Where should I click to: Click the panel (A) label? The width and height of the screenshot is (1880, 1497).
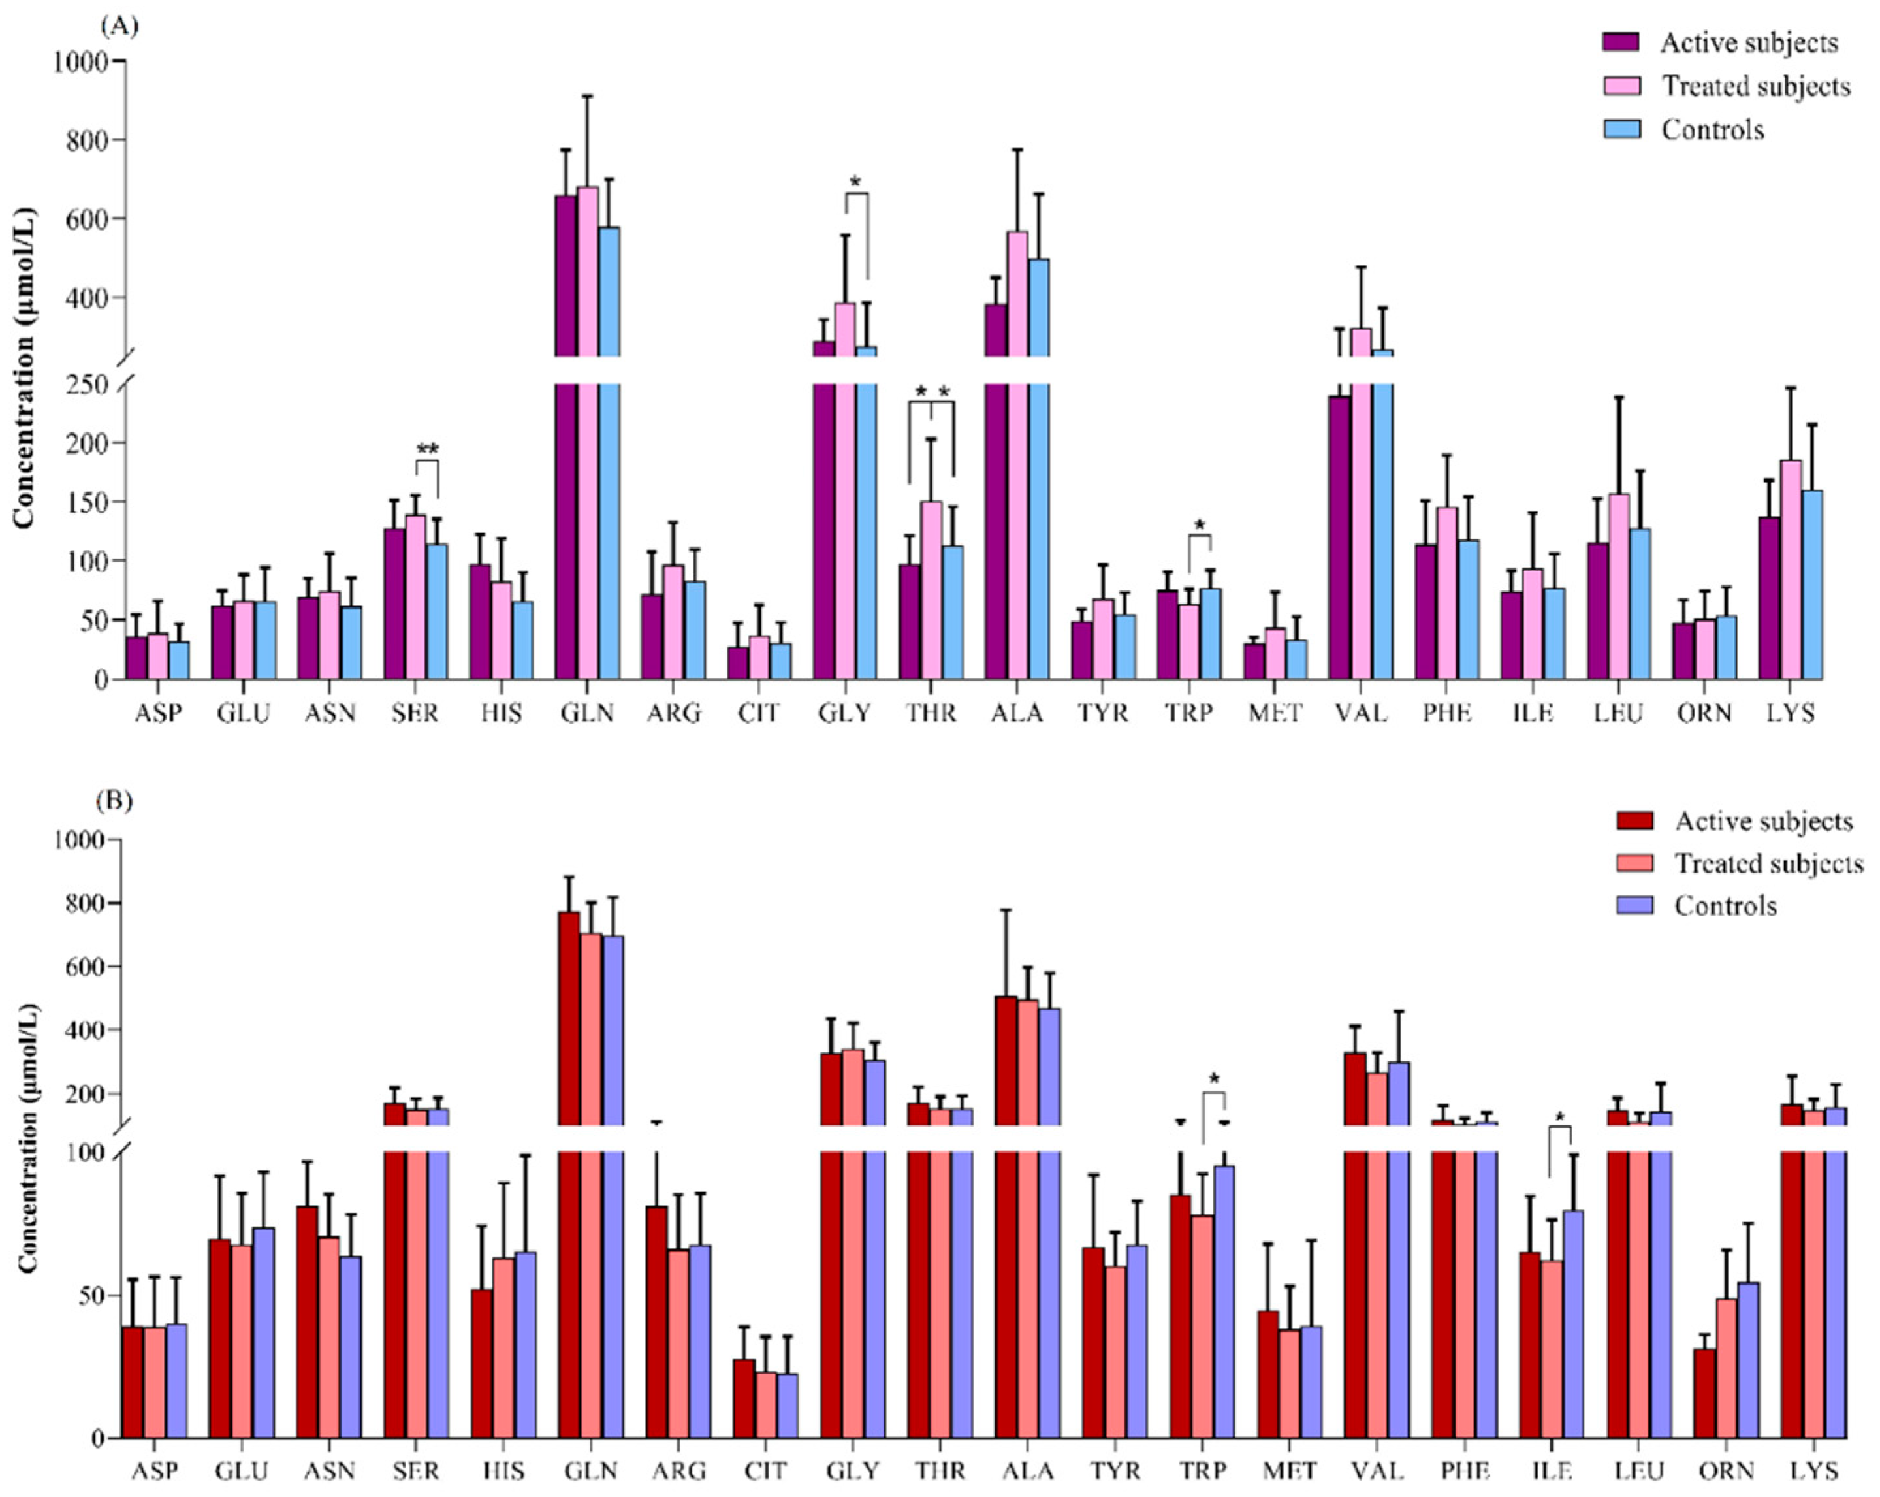(119, 26)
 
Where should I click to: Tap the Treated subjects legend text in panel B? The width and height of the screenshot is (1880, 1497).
(1768, 863)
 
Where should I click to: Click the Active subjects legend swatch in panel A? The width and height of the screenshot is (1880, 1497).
(1621, 42)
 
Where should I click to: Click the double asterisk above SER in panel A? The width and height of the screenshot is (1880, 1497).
(427, 450)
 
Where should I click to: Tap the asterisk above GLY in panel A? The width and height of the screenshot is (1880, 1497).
(855, 182)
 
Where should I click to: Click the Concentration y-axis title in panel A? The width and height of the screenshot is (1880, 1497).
(24, 366)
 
